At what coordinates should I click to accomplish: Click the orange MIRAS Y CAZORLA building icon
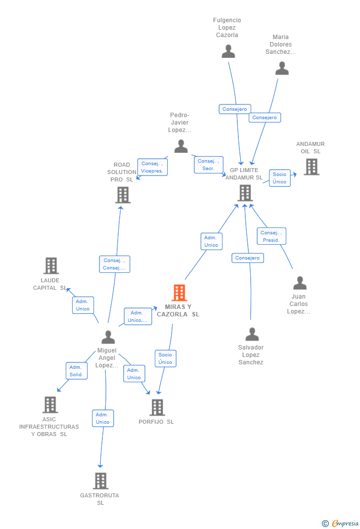coord(179,293)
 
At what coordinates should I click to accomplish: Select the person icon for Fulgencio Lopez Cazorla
coord(228,51)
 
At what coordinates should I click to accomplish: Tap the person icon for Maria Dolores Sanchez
coord(282,68)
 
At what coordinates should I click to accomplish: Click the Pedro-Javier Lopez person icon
coord(181,146)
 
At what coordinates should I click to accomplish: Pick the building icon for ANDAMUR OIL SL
coord(312,167)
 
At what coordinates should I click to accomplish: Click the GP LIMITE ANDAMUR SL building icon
coord(245,193)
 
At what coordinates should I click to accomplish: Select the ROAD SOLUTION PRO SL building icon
coord(123,195)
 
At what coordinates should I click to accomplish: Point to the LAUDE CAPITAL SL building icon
coord(51,265)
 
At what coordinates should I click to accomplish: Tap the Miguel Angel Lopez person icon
coord(108,337)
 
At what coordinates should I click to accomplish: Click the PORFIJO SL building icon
coord(157,407)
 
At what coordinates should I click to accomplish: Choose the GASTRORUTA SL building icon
coord(100,481)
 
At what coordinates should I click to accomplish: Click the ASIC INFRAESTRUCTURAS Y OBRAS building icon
coord(50,404)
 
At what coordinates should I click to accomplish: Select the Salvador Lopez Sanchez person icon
coord(252,334)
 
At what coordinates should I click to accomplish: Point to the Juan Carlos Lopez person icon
coord(300,283)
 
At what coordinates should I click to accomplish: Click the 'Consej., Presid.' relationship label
coord(271,236)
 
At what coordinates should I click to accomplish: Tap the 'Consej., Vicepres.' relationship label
coord(152,167)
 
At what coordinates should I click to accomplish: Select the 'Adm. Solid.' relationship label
coord(76,371)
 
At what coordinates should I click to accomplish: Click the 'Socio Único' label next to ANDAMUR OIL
coord(279,178)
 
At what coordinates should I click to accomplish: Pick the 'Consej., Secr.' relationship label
coord(209,165)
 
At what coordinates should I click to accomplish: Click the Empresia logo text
coord(345,523)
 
